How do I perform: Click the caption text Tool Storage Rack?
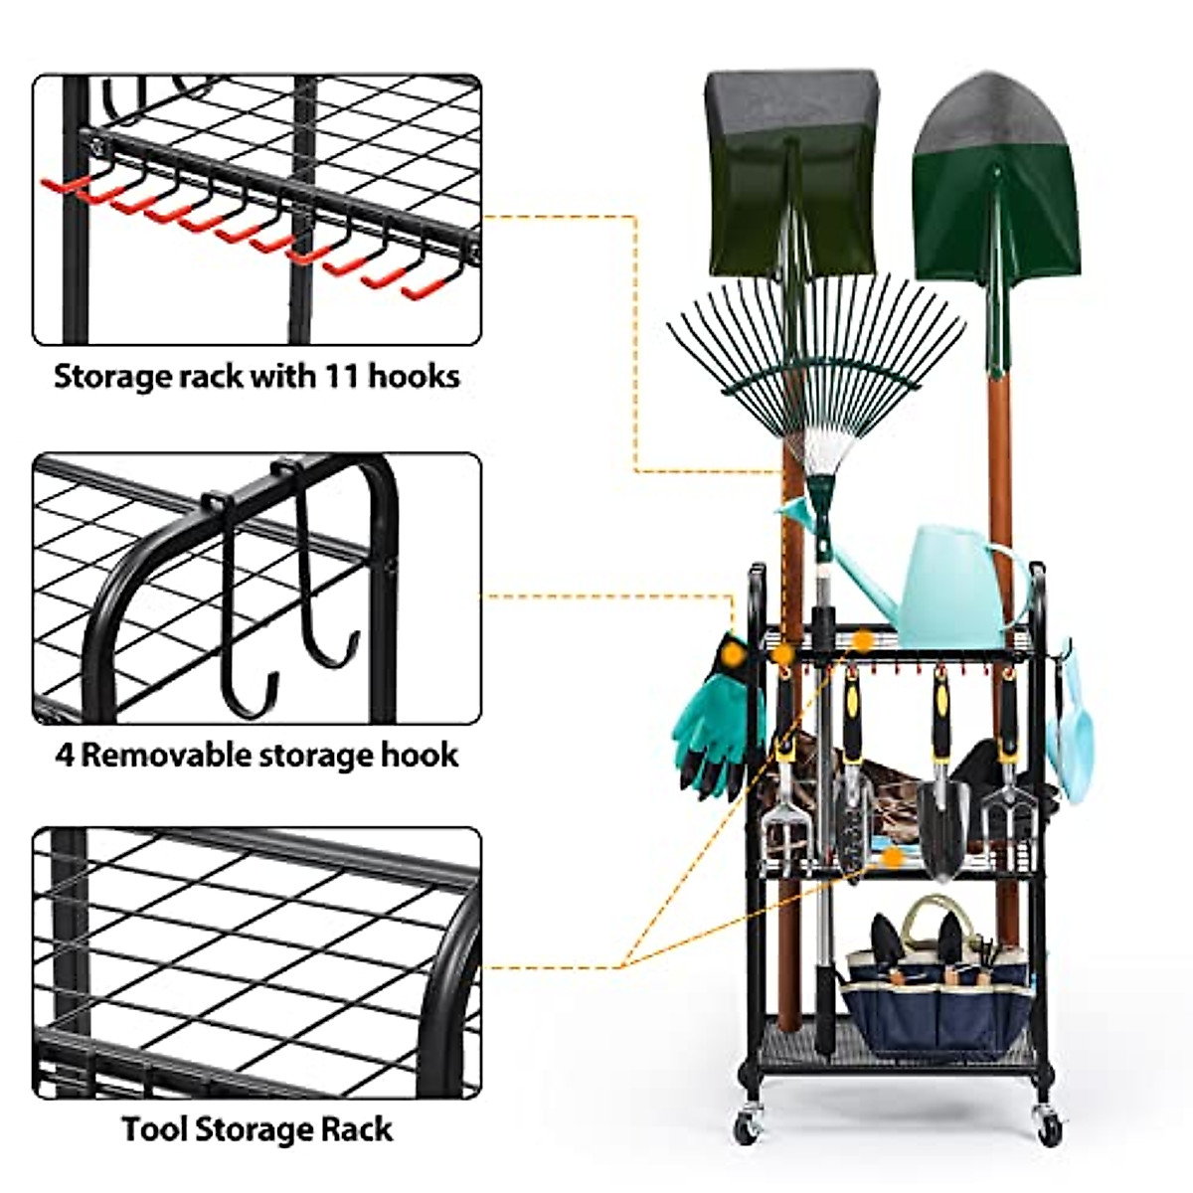coord(257,1129)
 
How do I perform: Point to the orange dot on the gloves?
coord(734,654)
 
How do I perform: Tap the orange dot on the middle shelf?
coord(893,857)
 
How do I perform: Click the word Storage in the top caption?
coord(110,377)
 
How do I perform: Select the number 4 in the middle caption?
coord(65,755)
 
